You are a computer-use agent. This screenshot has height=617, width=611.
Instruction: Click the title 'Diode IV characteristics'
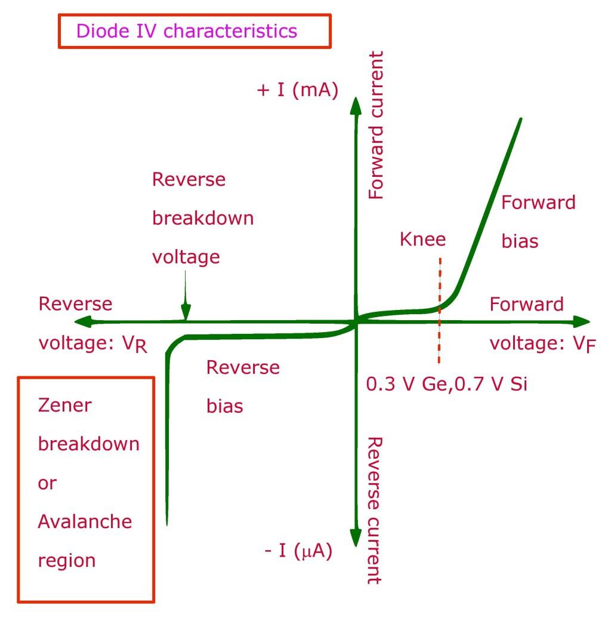click(186, 30)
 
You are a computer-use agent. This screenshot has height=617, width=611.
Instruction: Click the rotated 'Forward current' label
click(376, 125)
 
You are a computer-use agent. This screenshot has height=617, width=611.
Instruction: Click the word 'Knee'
click(423, 240)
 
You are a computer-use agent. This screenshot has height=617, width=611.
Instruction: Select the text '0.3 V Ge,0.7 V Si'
click(447, 383)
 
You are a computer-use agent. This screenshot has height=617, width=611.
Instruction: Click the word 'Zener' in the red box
click(66, 406)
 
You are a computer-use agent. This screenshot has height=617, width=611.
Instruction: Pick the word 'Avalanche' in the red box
click(85, 521)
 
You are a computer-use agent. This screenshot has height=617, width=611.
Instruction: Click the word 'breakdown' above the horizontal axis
click(203, 218)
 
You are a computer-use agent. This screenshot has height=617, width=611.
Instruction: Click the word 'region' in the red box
click(67, 560)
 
